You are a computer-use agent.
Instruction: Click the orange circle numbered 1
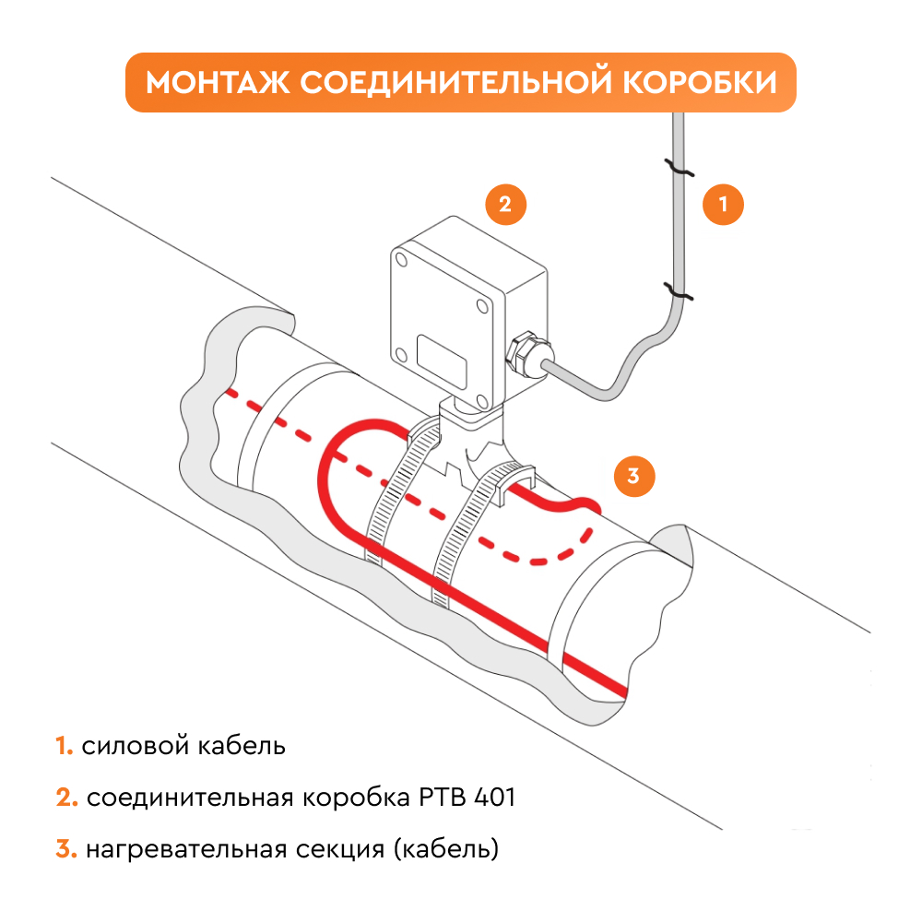[723, 205]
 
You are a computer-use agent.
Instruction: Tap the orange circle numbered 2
[504, 205]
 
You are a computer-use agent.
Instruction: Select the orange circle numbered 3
[633, 476]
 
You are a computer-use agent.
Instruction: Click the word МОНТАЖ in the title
[217, 82]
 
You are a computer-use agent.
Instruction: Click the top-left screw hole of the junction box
[404, 263]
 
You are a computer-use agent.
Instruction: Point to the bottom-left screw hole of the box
[401, 353]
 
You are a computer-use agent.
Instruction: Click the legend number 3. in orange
[66, 849]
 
